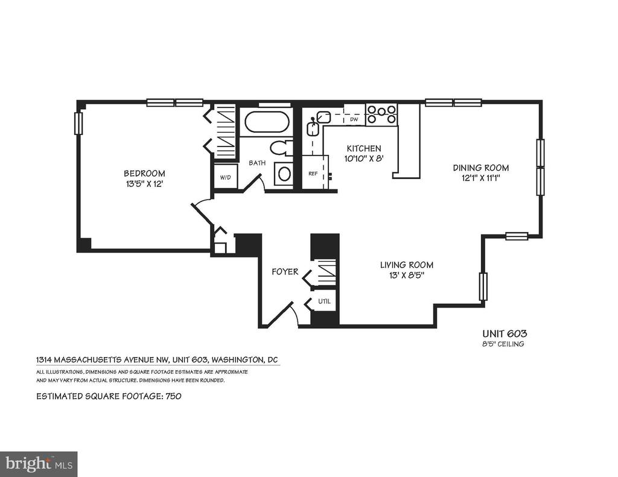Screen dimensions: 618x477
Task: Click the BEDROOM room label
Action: [x=144, y=173]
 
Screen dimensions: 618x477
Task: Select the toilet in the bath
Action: [x=281, y=148]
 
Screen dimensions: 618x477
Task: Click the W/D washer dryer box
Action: [x=226, y=177]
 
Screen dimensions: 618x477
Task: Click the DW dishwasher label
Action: [x=354, y=119]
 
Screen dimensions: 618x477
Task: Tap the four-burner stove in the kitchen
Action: [x=381, y=114]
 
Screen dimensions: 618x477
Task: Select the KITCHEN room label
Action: [x=364, y=148]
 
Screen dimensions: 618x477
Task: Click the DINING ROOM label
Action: [x=481, y=168]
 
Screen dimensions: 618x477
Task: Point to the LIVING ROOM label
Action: [x=406, y=265]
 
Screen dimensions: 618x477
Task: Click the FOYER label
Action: [x=285, y=272]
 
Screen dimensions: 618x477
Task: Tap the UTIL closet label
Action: [x=324, y=302]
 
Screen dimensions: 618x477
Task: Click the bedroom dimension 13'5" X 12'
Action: [x=144, y=183]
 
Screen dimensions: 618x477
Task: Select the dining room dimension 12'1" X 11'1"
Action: [x=481, y=178]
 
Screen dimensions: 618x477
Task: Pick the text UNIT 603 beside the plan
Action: [x=505, y=333]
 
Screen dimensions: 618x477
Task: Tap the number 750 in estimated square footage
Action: [x=173, y=396]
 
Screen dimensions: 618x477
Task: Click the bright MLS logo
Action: [x=39, y=463]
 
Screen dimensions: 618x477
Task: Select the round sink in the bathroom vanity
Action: [x=284, y=173]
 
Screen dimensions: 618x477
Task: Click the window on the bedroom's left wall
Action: [x=78, y=123]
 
